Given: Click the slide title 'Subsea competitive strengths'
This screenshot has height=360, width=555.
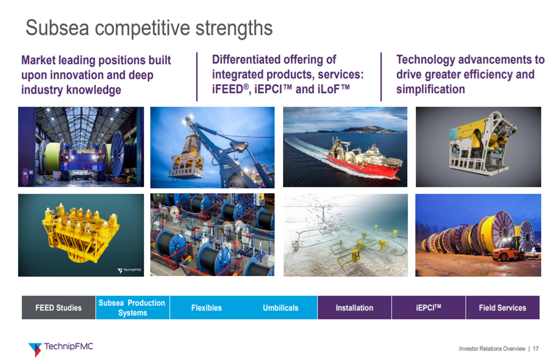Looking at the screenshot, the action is click(149, 28).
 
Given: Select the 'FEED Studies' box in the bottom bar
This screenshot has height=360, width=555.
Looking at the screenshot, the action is click(58, 308).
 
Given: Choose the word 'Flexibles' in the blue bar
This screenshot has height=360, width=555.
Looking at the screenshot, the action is click(207, 308).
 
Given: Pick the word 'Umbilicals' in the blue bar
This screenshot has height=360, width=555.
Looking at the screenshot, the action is click(281, 308).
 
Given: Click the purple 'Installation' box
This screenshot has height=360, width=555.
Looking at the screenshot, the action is click(354, 308).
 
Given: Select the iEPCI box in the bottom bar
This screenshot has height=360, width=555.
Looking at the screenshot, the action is click(428, 308).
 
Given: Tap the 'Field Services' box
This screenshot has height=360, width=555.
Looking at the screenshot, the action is click(503, 308).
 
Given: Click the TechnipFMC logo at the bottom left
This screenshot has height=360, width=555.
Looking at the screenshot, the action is click(60, 348).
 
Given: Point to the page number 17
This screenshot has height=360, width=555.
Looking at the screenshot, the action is click(536, 349).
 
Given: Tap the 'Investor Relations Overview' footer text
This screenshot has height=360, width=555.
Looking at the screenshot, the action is click(492, 349).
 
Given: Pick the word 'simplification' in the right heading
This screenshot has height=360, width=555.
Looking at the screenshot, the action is click(431, 90).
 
